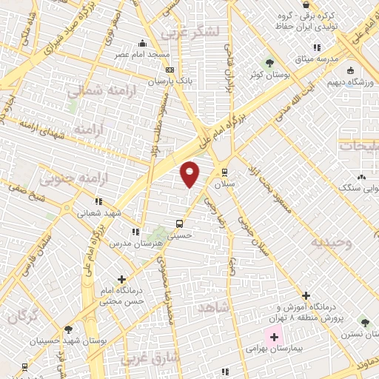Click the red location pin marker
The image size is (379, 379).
190,173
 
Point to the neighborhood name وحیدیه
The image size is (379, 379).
327,243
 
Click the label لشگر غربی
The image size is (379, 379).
198,32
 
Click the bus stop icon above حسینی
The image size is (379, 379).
178,223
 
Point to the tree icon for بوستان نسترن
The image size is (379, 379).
363,322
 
